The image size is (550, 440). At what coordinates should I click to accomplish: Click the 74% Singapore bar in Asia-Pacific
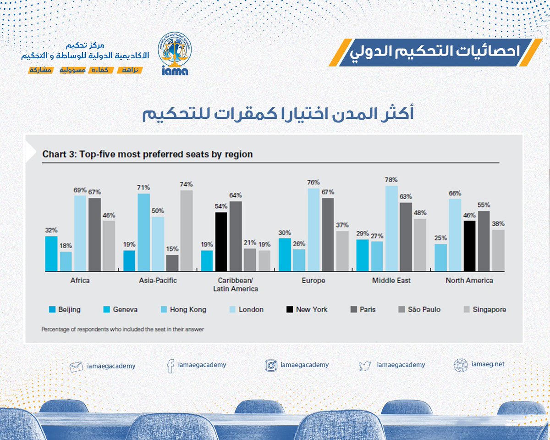coord(186,231)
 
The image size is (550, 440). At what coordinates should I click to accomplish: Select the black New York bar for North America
coord(469,246)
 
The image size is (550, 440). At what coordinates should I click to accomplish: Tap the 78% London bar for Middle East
coord(391,228)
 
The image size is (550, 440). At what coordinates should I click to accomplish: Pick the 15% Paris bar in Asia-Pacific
coord(172,263)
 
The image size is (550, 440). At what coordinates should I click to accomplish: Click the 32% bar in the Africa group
coord(51,254)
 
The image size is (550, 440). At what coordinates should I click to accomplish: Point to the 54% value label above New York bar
coord(221,206)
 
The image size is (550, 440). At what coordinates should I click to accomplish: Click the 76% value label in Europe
coord(313,182)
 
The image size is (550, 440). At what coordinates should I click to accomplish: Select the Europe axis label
coord(313,280)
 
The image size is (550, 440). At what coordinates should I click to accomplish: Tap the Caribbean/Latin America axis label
coord(235,284)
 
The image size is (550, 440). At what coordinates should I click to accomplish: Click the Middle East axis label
coord(391,280)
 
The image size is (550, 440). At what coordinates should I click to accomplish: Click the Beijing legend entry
coord(65,309)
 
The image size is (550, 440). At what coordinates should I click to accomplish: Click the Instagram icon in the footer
coord(271,365)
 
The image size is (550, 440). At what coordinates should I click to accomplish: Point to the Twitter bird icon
coord(365,366)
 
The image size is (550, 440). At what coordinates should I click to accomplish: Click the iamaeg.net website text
coord(488,364)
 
